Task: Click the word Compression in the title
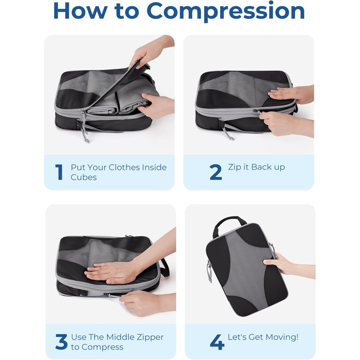[225, 11]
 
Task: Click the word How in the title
[81, 11]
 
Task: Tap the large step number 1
[59, 172]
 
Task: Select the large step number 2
[215, 172]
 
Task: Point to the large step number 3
[61, 341]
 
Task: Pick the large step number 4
[217, 342]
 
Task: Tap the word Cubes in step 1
[83, 177]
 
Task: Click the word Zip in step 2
[234, 167]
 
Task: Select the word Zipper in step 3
[150, 337]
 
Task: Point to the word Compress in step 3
[102, 347]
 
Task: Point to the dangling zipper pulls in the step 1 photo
[85, 128]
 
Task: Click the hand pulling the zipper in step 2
[285, 123]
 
